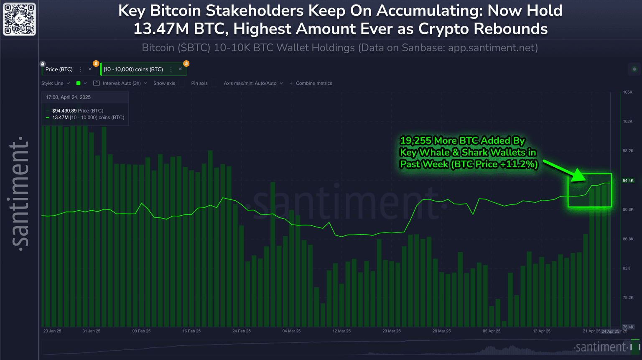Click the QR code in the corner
click(19, 19)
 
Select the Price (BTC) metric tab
click(59, 69)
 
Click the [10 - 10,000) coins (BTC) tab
click(133, 69)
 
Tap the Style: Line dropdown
click(55, 83)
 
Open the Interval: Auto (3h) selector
click(122, 83)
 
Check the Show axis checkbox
click(182, 83)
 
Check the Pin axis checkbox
click(214, 83)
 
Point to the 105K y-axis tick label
click(627, 92)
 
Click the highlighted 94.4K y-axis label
click(628, 181)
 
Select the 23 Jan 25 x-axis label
click(52, 331)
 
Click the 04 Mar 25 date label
click(291, 331)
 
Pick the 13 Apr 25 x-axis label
click(541, 331)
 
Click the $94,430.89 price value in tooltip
click(64, 111)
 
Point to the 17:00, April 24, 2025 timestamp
click(68, 97)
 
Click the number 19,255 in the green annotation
click(415, 140)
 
